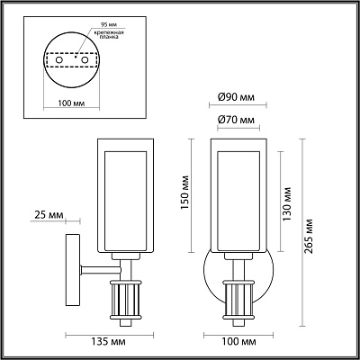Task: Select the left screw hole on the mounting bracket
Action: (59, 60)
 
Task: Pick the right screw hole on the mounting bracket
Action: (85, 60)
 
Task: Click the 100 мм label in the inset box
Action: (71, 103)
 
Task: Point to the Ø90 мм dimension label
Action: (236, 97)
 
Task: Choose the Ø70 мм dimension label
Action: (236, 120)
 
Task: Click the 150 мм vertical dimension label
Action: (185, 193)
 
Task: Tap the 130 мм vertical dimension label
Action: (287, 204)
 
